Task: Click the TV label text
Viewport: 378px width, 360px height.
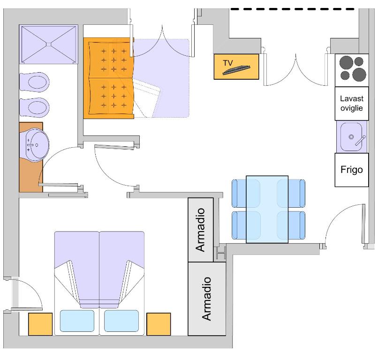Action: click(228, 62)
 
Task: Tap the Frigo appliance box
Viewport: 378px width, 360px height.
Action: click(352, 170)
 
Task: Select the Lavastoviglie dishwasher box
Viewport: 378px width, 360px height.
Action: click(352, 105)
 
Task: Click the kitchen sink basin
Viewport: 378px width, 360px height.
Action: click(351, 136)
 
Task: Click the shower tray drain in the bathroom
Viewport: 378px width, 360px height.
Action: click(48, 44)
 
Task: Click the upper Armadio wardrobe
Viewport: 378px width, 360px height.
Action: click(201, 230)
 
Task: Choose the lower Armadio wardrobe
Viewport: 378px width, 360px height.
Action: click(206, 299)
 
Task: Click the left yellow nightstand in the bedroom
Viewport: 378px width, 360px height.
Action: click(40, 324)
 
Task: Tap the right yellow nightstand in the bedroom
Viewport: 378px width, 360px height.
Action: click(159, 324)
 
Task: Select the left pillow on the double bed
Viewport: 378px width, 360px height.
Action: click(77, 321)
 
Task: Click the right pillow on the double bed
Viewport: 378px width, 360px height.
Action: click(121, 321)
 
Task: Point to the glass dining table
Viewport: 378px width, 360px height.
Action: click(267, 209)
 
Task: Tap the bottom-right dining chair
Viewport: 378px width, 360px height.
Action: click(297, 225)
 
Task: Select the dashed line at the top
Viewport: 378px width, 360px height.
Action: click(293, 8)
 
